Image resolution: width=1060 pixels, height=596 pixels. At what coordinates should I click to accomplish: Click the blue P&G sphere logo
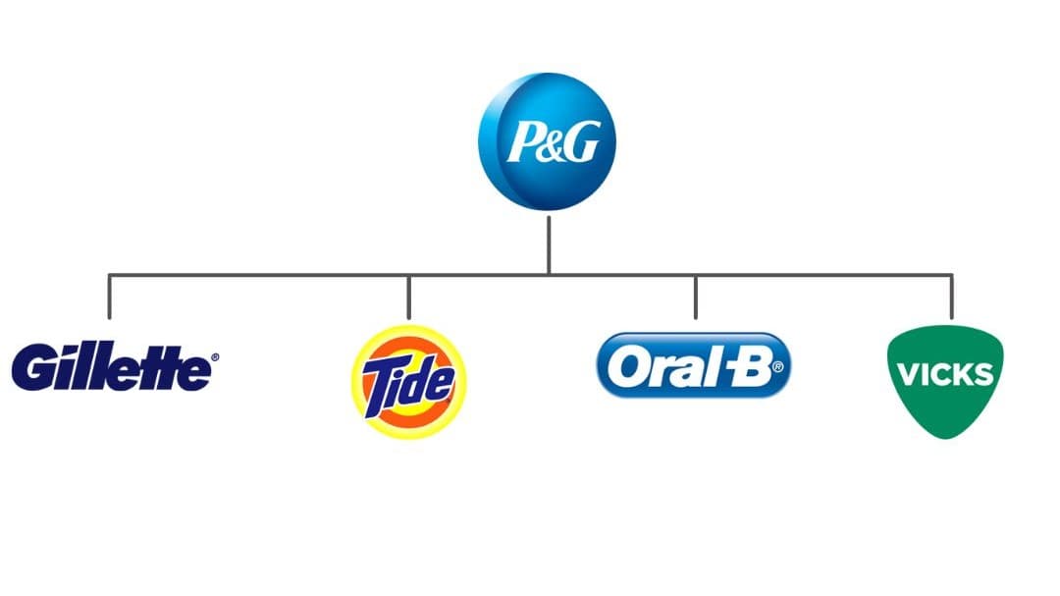[547, 141]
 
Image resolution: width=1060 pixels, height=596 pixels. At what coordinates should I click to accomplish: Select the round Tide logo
[409, 382]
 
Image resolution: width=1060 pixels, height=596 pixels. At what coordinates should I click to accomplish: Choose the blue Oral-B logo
[694, 365]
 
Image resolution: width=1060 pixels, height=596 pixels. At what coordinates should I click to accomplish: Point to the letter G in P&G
[581, 142]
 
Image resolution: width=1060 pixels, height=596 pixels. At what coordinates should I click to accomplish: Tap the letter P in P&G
[524, 142]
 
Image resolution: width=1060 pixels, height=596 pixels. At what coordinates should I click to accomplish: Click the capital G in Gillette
[33, 366]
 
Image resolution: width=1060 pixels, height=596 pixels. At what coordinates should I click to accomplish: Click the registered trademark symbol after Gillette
[215, 357]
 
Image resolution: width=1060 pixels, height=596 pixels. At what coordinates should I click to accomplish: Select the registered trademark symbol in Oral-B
[777, 367]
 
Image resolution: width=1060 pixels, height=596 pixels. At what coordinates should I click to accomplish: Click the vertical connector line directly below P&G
[549, 245]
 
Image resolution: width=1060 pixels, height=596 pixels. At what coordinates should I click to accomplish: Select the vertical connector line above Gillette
[110, 297]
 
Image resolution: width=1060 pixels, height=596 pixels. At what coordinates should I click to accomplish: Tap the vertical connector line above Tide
[409, 297]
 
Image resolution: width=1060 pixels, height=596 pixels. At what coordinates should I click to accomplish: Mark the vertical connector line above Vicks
[952, 297]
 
